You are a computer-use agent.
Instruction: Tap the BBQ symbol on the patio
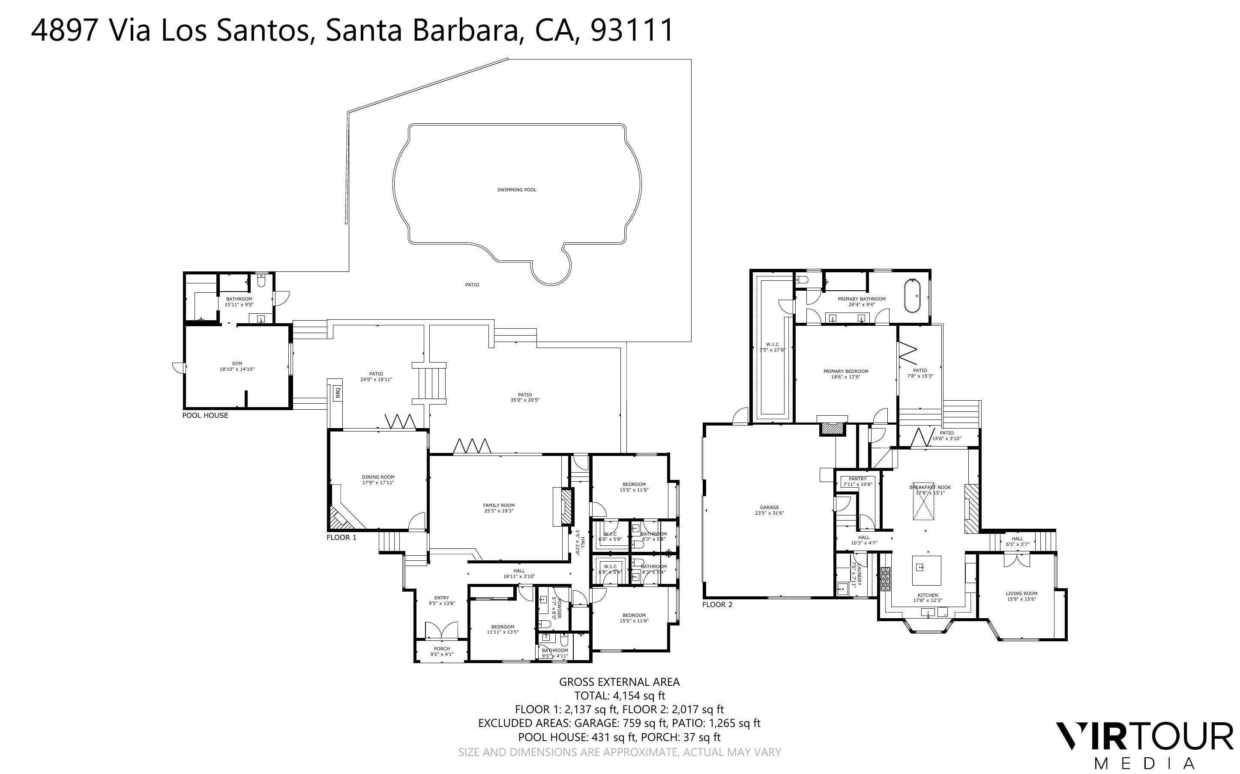[x=338, y=393]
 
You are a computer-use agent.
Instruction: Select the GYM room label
[x=237, y=363]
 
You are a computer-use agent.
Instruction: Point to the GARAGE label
[x=769, y=507]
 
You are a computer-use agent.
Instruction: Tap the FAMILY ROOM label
[x=498, y=505]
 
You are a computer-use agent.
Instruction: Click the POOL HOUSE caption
[x=205, y=415]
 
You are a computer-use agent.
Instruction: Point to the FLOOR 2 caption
[x=717, y=604]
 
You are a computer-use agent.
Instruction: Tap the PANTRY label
[x=857, y=479]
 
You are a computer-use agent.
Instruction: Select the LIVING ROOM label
[x=1021, y=593]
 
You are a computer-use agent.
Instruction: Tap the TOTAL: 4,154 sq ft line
[x=619, y=696]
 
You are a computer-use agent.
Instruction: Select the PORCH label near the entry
[x=441, y=649]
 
